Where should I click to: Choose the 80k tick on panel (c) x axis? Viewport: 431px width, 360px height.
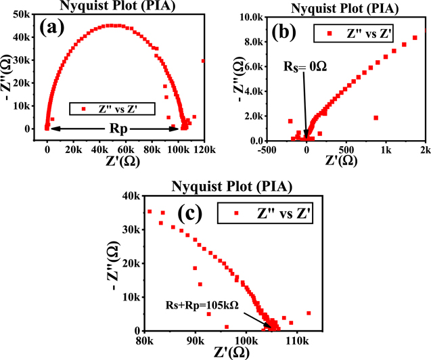(x=145, y=342)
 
